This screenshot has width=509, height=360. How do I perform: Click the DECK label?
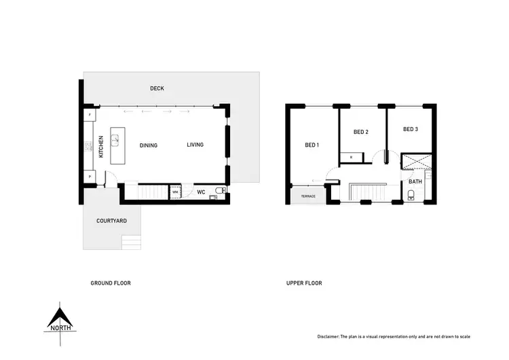(157, 88)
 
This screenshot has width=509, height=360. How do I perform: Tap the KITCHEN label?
(101, 146)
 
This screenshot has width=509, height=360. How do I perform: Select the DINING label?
(148, 145)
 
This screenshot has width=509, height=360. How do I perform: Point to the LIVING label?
(195, 145)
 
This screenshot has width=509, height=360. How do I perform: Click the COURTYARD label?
(111, 221)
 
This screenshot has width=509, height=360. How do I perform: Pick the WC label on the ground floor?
(202, 192)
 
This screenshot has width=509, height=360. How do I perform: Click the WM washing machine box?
(174, 192)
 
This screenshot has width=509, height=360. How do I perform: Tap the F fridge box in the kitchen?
(90, 116)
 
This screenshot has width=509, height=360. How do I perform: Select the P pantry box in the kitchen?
(90, 177)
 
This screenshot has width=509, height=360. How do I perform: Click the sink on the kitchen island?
(115, 141)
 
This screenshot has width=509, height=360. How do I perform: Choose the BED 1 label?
(312, 145)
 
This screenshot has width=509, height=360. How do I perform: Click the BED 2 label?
(361, 132)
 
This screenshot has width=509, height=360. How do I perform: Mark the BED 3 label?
(410, 129)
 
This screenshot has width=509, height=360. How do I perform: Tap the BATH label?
(415, 182)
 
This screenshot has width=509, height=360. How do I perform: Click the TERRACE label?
(309, 196)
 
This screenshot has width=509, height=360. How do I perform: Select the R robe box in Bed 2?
(351, 157)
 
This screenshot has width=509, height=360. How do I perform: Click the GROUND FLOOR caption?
(111, 283)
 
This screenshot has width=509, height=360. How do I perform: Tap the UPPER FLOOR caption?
(304, 283)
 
